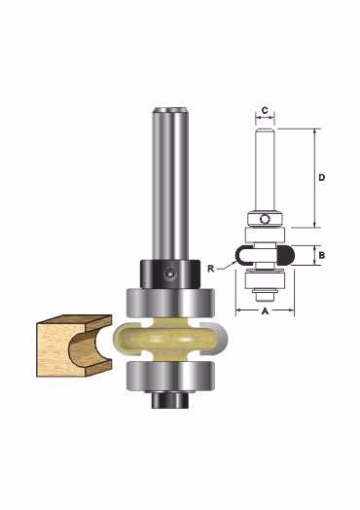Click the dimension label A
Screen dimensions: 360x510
coord(265,311)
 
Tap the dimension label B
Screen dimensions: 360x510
coord(322,255)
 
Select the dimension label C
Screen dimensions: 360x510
coord(265,110)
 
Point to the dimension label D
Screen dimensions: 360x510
coord(322,177)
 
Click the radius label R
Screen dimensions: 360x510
coord(211,269)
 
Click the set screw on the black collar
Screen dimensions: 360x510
coord(169,273)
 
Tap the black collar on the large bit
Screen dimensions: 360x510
coord(169,273)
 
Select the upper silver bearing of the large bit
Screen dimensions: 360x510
coord(170,303)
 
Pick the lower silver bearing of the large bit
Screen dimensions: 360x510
coord(170,376)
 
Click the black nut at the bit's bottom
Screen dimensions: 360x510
coord(170,399)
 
